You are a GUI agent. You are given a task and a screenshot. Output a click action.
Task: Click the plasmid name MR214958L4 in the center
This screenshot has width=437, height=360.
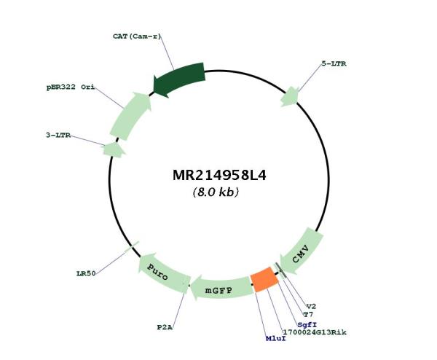(219, 176)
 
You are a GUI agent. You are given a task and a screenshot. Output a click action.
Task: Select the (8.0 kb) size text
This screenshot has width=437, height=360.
(216, 192)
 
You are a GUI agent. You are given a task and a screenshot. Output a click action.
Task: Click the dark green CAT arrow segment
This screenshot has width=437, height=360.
(180, 79)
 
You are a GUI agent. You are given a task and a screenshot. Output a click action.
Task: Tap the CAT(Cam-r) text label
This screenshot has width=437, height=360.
(137, 36)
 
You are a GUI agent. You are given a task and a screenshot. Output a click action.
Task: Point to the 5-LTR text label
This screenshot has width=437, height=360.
(334, 63)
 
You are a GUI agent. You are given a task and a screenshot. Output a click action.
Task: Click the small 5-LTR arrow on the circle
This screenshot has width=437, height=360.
(290, 97)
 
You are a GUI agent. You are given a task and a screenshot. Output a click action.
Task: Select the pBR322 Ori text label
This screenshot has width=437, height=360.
(71, 87)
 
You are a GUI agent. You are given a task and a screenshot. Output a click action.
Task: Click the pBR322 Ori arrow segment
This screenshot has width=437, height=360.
(130, 116)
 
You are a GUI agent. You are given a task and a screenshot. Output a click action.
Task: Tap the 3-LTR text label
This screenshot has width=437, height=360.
(58, 136)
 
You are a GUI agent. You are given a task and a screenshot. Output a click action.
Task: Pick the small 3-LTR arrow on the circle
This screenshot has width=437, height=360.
(114, 149)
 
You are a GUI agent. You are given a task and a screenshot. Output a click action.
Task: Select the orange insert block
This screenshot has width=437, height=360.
(264, 279)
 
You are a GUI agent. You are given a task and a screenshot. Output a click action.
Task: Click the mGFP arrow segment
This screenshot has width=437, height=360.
(221, 289)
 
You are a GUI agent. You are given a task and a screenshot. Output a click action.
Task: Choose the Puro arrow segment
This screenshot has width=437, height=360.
(163, 272)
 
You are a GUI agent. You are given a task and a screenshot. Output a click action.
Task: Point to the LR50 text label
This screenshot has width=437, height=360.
(86, 273)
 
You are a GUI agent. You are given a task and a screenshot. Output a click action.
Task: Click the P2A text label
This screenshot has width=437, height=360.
(165, 327)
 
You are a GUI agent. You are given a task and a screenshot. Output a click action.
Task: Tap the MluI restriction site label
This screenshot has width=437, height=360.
(276, 338)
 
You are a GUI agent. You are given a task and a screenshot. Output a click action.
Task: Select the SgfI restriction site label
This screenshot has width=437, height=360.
(307, 324)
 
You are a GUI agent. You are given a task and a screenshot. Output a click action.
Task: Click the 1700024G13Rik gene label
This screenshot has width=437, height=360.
(315, 332)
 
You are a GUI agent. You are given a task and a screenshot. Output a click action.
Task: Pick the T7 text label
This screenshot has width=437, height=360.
(308, 315)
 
